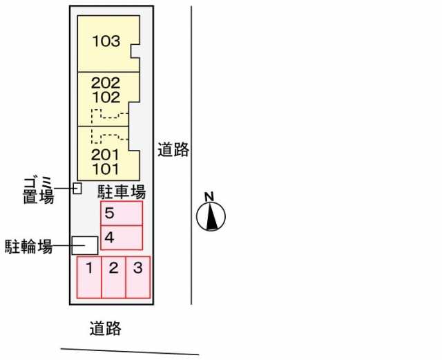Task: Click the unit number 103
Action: coord(106,41)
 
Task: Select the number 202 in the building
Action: coord(106,83)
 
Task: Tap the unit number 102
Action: coord(106,97)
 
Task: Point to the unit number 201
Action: coord(105,155)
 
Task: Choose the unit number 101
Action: coord(106,169)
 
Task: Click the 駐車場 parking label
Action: coord(122,192)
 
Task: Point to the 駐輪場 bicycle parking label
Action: coord(29,247)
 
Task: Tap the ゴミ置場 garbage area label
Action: coord(39,189)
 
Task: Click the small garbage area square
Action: coord(77,189)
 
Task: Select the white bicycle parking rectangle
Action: coord(85,245)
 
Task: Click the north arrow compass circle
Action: coord(211,216)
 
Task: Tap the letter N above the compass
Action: coord(209,197)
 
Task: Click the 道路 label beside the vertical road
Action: coord(173,149)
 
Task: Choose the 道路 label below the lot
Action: coord(106,328)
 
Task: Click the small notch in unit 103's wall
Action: coord(135,51)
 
